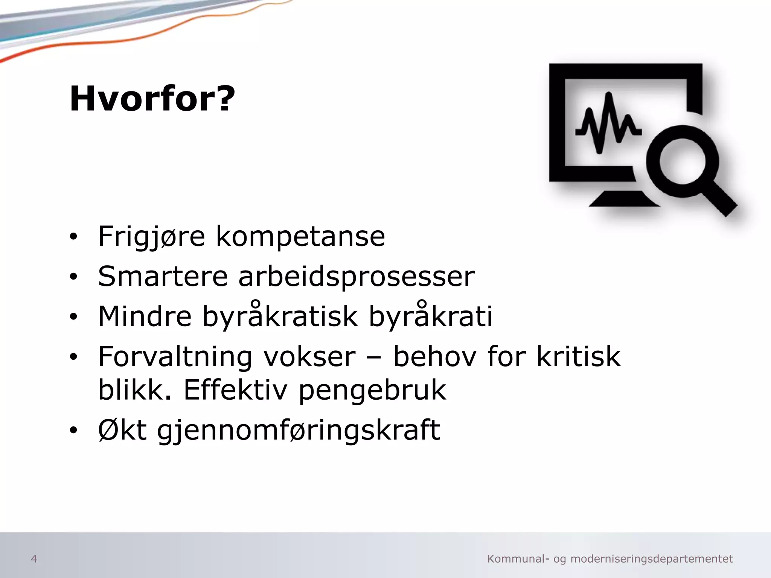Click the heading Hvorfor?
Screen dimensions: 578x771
click(x=152, y=99)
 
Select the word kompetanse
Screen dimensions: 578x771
click(x=300, y=237)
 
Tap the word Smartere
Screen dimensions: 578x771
click(x=163, y=277)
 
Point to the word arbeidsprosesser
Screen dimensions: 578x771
click(x=357, y=278)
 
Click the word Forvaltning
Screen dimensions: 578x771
click(x=175, y=357)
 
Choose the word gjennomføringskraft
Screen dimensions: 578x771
click(x=299, y=431)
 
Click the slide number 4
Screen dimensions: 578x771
click(x=34, y=559)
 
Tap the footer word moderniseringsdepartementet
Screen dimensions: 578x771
click(x=652, y=559)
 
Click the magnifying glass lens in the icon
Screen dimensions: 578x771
click(x=682, y=162)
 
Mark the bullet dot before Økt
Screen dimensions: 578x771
click(x=73, y=430)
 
